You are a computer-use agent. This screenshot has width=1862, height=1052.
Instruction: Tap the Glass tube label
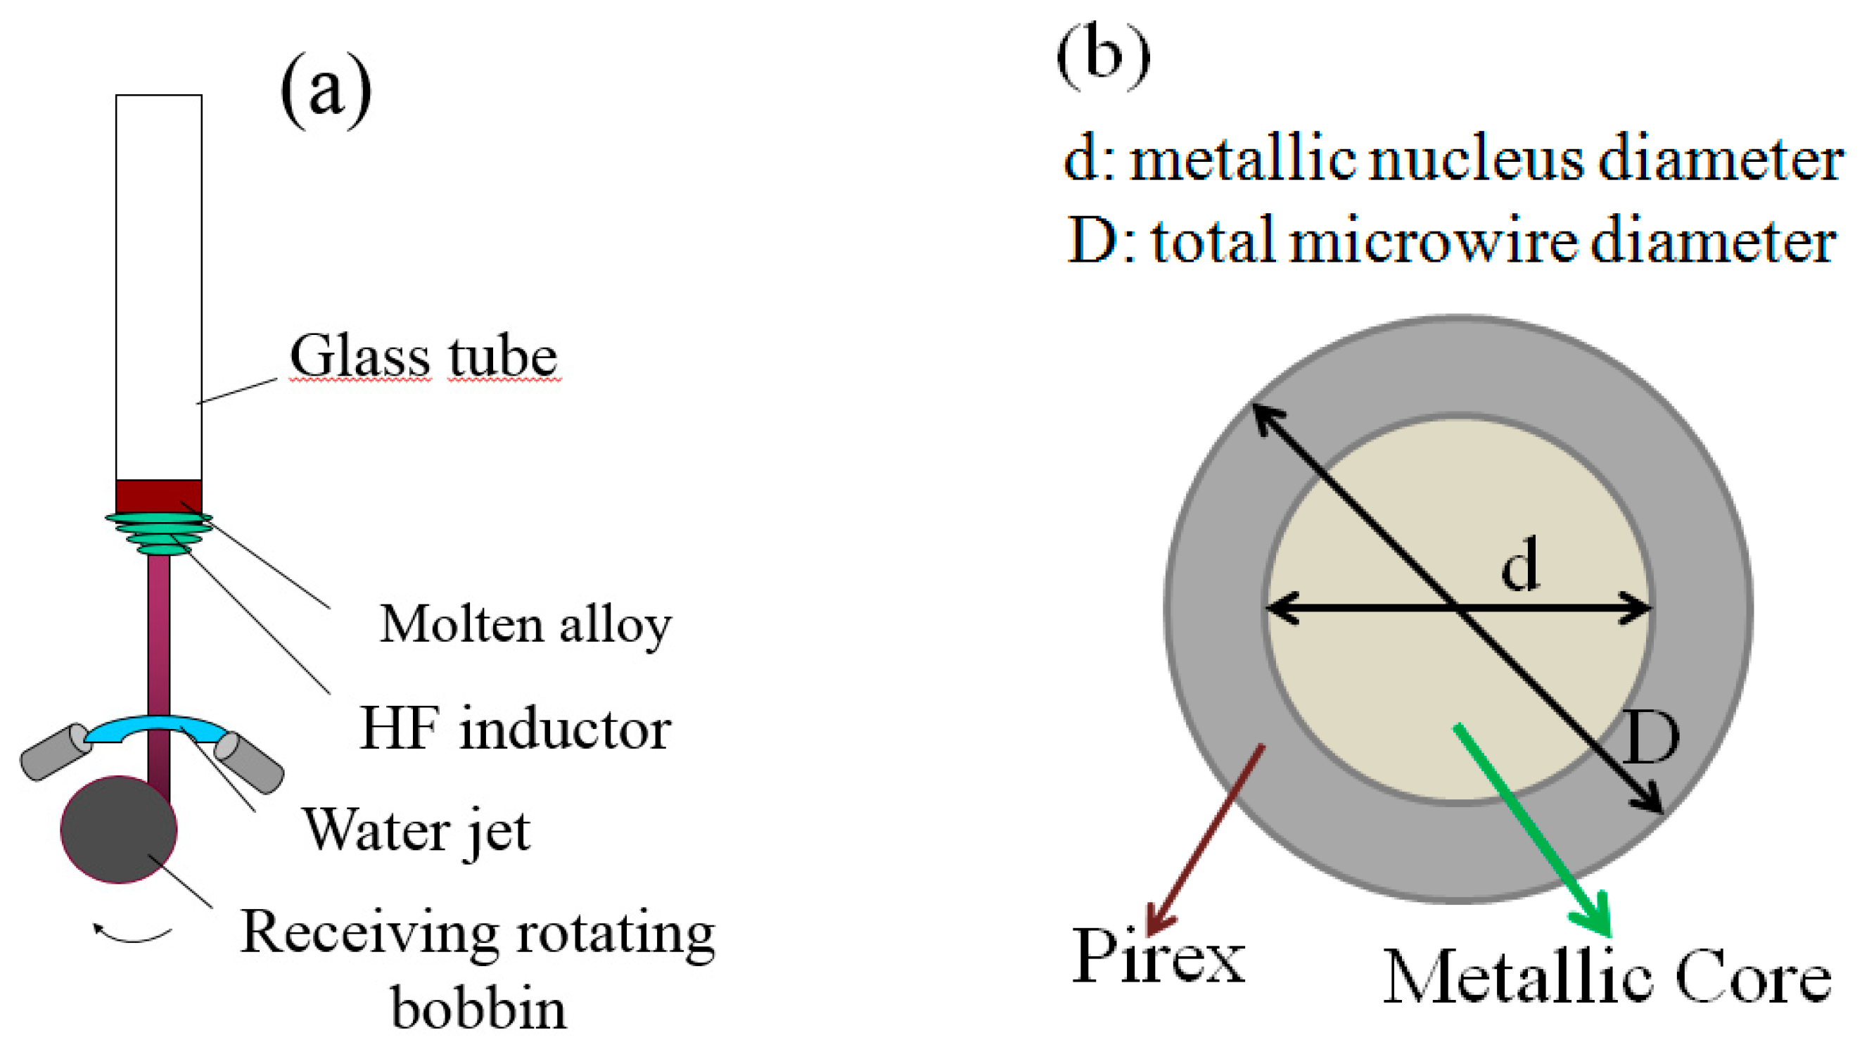click(x=423, y=356)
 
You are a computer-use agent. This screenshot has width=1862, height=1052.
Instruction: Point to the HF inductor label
click(x=515, y=729)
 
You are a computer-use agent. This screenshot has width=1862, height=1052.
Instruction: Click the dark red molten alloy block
click(x=158, y=496)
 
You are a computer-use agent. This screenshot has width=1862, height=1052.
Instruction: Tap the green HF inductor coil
click(x=159, y=533)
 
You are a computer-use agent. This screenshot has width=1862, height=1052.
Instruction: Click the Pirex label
click(x=1158, y=955)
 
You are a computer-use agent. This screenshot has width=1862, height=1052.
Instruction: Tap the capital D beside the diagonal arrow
click(x=1651, y=738)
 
